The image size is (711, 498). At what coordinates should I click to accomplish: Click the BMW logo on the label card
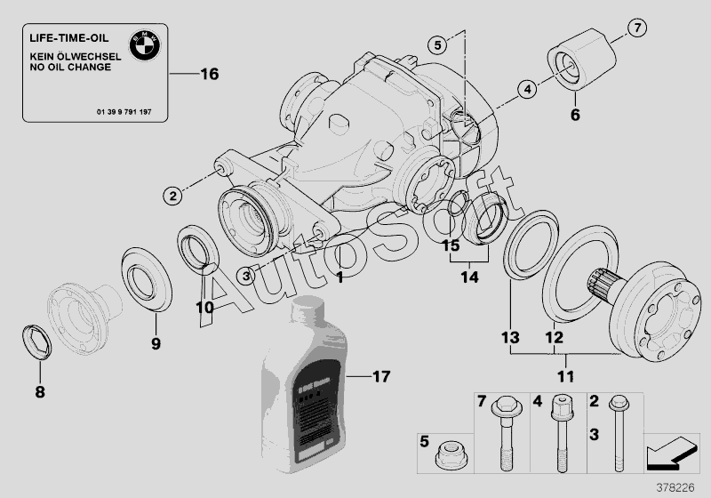(x=145, y=44)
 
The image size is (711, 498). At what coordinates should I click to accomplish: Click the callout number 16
(x=208, y=74)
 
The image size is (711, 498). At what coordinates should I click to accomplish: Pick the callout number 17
(x=380, y=376)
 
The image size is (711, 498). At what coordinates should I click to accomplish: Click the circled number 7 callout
(x=636, y=28)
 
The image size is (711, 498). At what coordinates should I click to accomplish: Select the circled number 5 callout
(x=437, y=44)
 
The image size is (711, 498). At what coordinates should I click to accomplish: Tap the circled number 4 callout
(x=526, y=88)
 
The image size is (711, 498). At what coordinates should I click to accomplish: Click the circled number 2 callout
(x=172, y=193)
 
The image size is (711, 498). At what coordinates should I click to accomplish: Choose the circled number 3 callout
(x=247, y=276)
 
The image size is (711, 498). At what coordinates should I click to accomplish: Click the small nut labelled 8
(x=33, y=343)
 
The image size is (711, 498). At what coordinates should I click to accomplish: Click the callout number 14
(x=468, y=278)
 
